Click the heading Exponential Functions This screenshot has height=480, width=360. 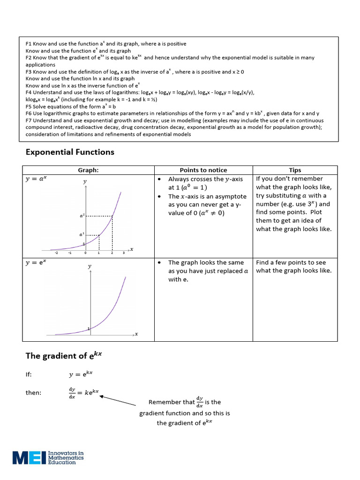coord(70,152)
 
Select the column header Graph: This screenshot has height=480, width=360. coord(89,170)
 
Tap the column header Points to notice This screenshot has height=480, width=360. coord(203,170)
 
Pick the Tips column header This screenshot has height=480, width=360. coord(295,170)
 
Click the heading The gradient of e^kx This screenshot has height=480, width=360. coord(63,355)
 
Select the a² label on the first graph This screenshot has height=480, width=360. coord(82,216)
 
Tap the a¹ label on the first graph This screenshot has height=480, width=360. coord(82,234)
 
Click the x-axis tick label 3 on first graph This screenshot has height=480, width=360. coord(124,253)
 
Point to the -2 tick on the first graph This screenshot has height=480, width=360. coord(57,253)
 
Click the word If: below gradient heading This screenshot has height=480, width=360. coord(29,375)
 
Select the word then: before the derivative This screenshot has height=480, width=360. coord(33,393)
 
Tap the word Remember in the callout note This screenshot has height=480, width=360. coord(165,402)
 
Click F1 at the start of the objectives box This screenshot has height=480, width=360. coord(29,44)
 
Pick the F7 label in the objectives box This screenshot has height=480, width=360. coord(29,120)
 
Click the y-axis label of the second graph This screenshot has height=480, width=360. coord(90,266)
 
